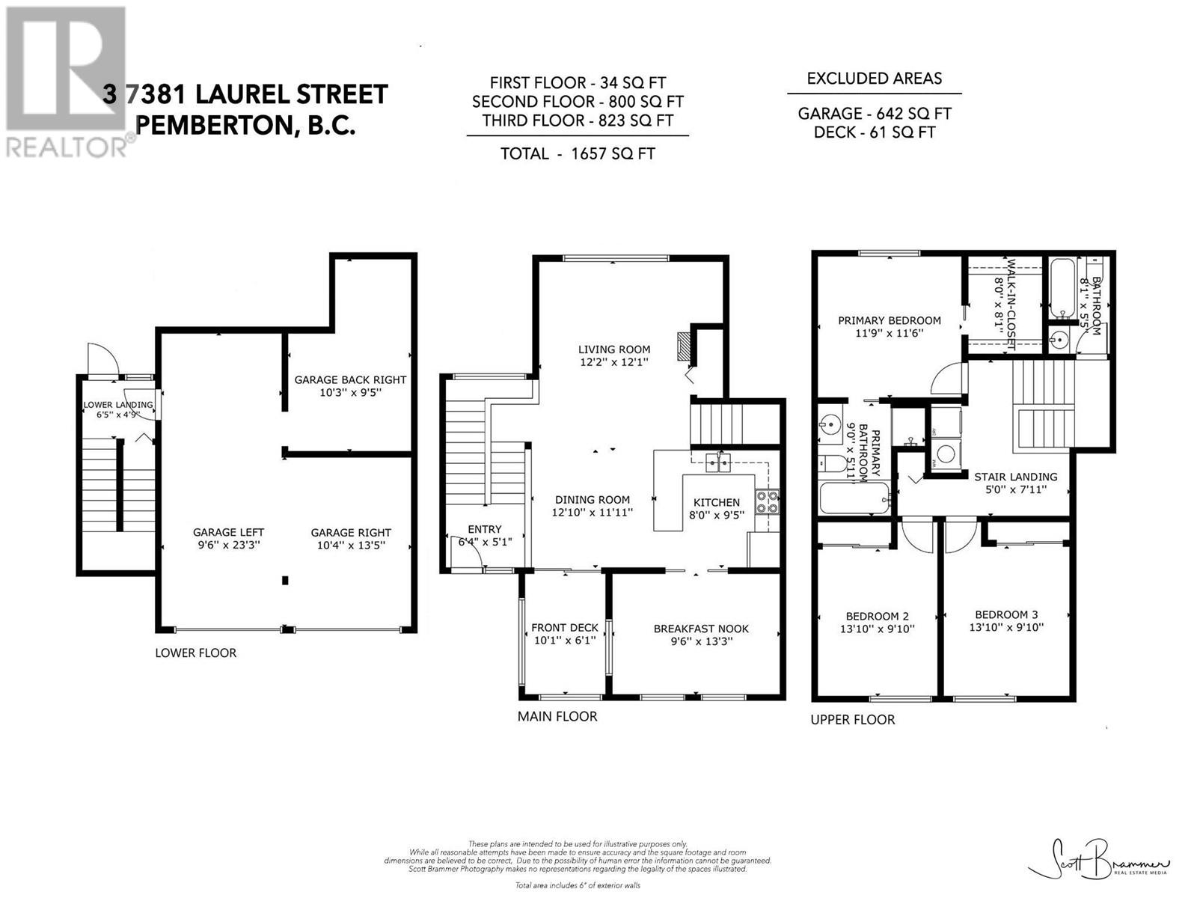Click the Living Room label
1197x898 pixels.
pyautogui.click(x=613, y=349)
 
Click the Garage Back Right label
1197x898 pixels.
pyautogui.click(x=350, y=379)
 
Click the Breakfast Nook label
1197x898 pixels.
pyautogui.click(x=701, y=629)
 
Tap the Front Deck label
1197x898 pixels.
pyautogui.click(x=564, y=628)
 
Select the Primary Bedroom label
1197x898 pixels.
pyautogui.click(x=890, y=320)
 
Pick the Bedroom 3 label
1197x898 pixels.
pyautogui.click(x=1006, y=614)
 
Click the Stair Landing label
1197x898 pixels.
pyautogui.click(x=1015, y=476)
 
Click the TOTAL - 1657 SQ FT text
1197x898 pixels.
pyautogui.click(x=577, y=153)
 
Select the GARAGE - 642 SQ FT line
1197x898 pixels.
pyautogui.click(x=874, y=114)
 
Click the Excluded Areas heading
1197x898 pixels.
pyautogui.click(x=874, y=78)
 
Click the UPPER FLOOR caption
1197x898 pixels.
pyautogui.click(x=852, y=719)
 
